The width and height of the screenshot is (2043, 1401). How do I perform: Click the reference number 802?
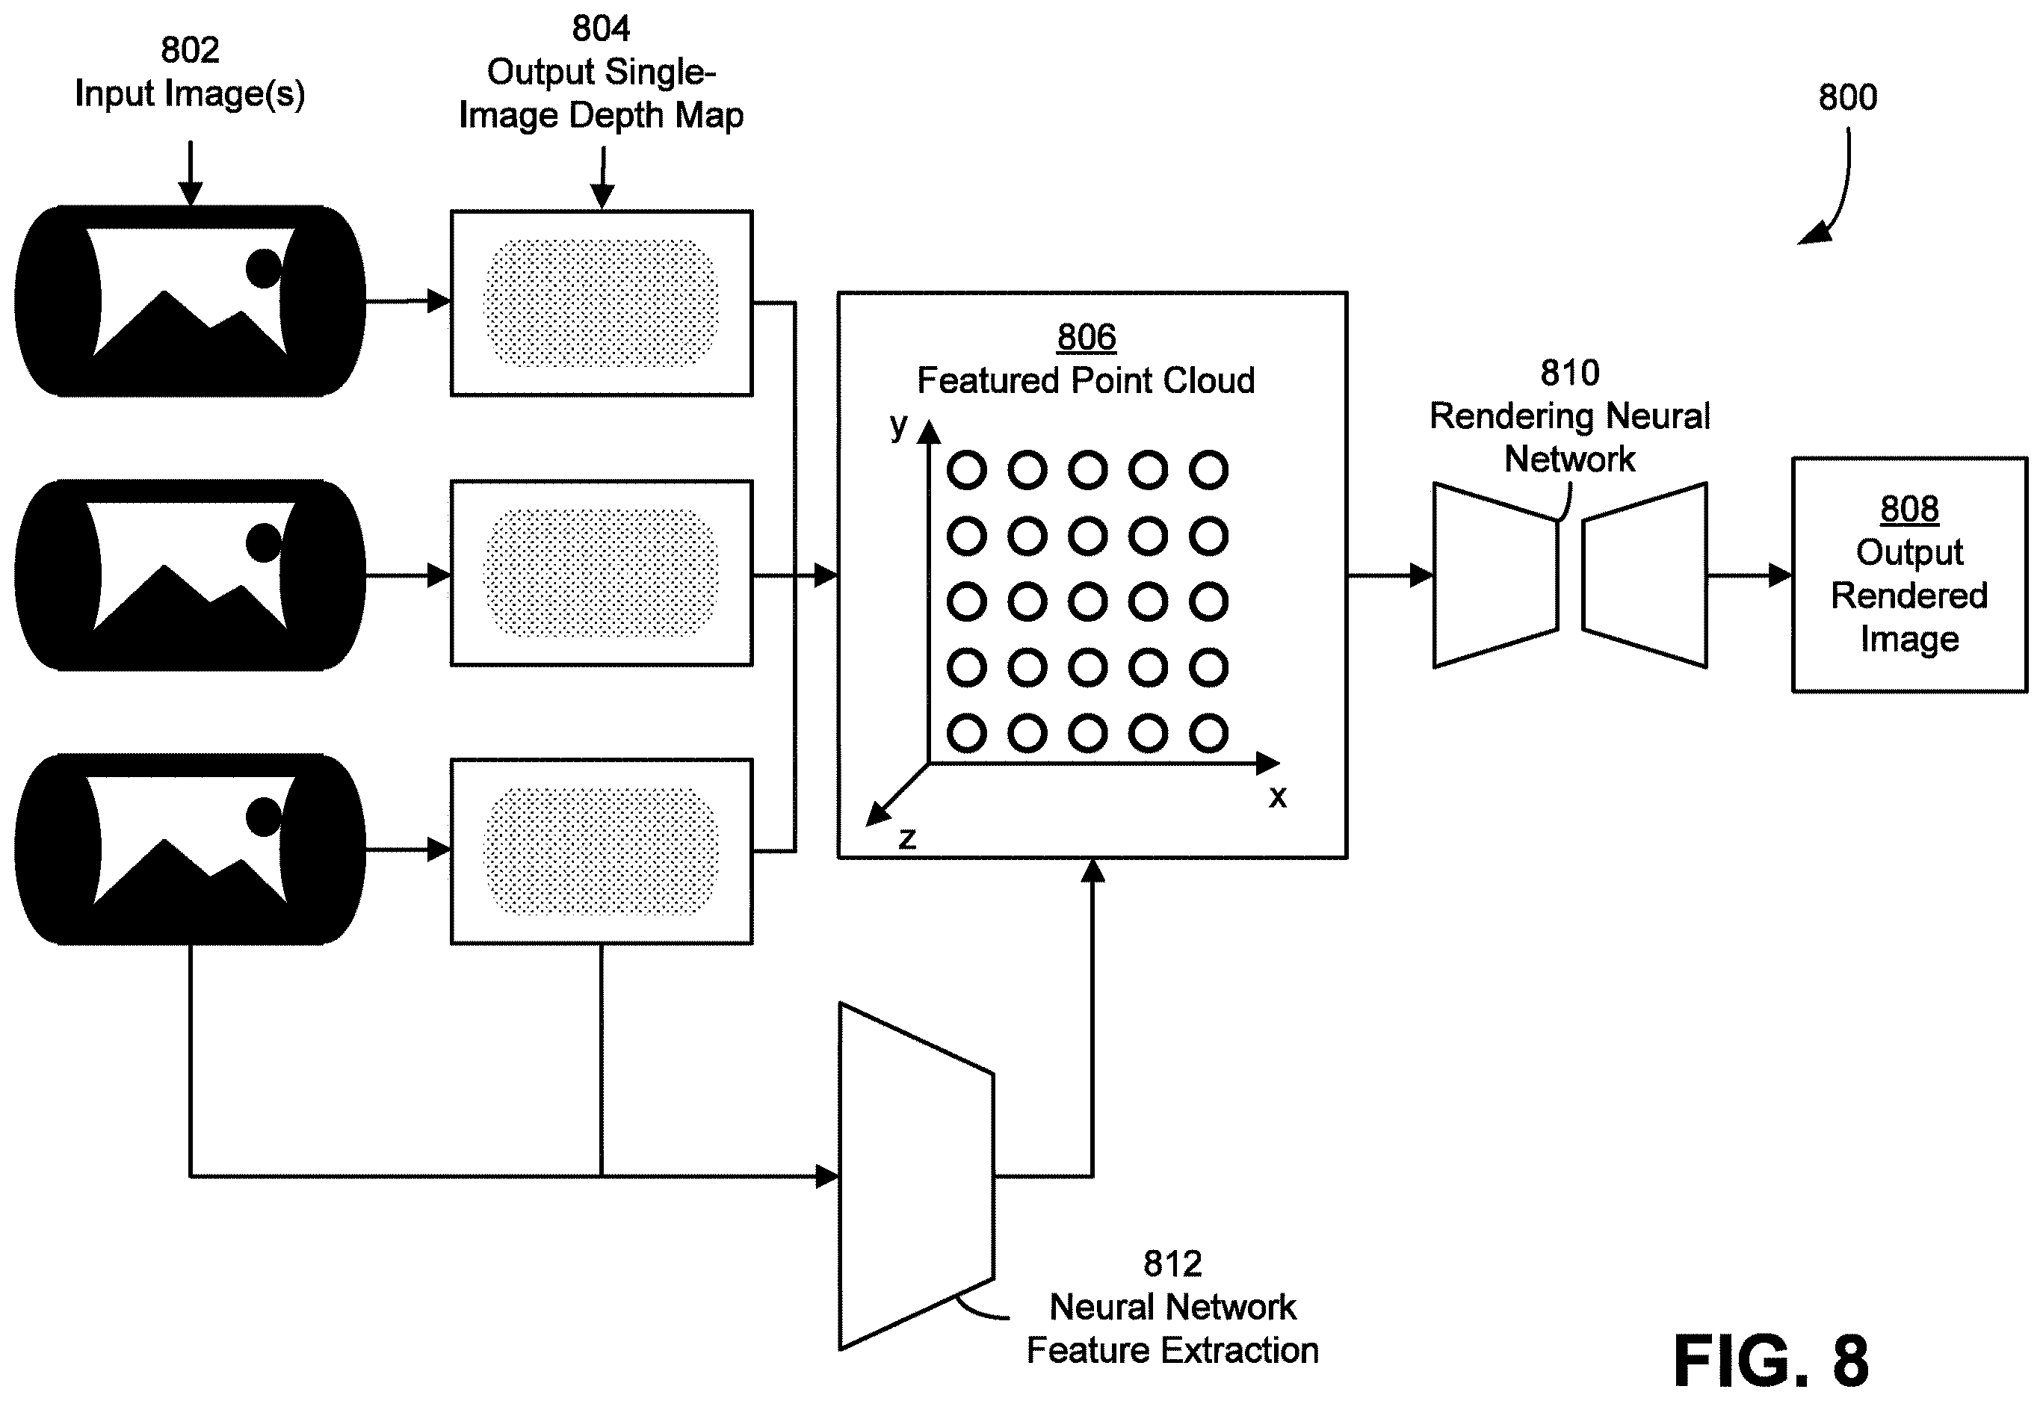coord(190,50)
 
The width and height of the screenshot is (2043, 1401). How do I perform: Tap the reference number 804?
coord(602,29)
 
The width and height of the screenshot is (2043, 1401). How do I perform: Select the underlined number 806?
coord(1087,337)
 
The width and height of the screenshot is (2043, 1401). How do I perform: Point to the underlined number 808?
coord(1909,508)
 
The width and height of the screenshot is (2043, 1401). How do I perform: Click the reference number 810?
coord(1570,373)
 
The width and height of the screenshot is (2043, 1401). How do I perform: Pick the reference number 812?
coord(1172,1264)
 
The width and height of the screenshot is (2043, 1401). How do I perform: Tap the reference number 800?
coord(1848,96)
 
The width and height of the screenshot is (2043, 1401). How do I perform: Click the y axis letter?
coord(897,425)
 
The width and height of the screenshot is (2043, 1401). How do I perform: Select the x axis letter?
coord(1277,797)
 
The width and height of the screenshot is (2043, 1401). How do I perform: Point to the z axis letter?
coord(907,838)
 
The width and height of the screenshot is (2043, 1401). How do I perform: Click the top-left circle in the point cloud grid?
coord(967,470)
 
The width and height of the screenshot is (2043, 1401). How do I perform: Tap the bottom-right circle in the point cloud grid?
coord(1209,733)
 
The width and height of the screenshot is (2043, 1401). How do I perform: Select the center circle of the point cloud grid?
coord(1087,602)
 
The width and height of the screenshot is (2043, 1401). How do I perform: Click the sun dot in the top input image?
coord(263,268)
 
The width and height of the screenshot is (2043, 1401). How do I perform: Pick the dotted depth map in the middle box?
coord(602,573)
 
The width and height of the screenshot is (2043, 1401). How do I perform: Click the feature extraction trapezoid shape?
coord(917,1176)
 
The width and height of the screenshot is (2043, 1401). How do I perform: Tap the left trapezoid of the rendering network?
coord(1496,575)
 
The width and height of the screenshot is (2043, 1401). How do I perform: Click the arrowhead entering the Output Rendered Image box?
coord(1780,575)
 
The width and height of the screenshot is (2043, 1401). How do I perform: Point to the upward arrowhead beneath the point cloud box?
coord(1092,870)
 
